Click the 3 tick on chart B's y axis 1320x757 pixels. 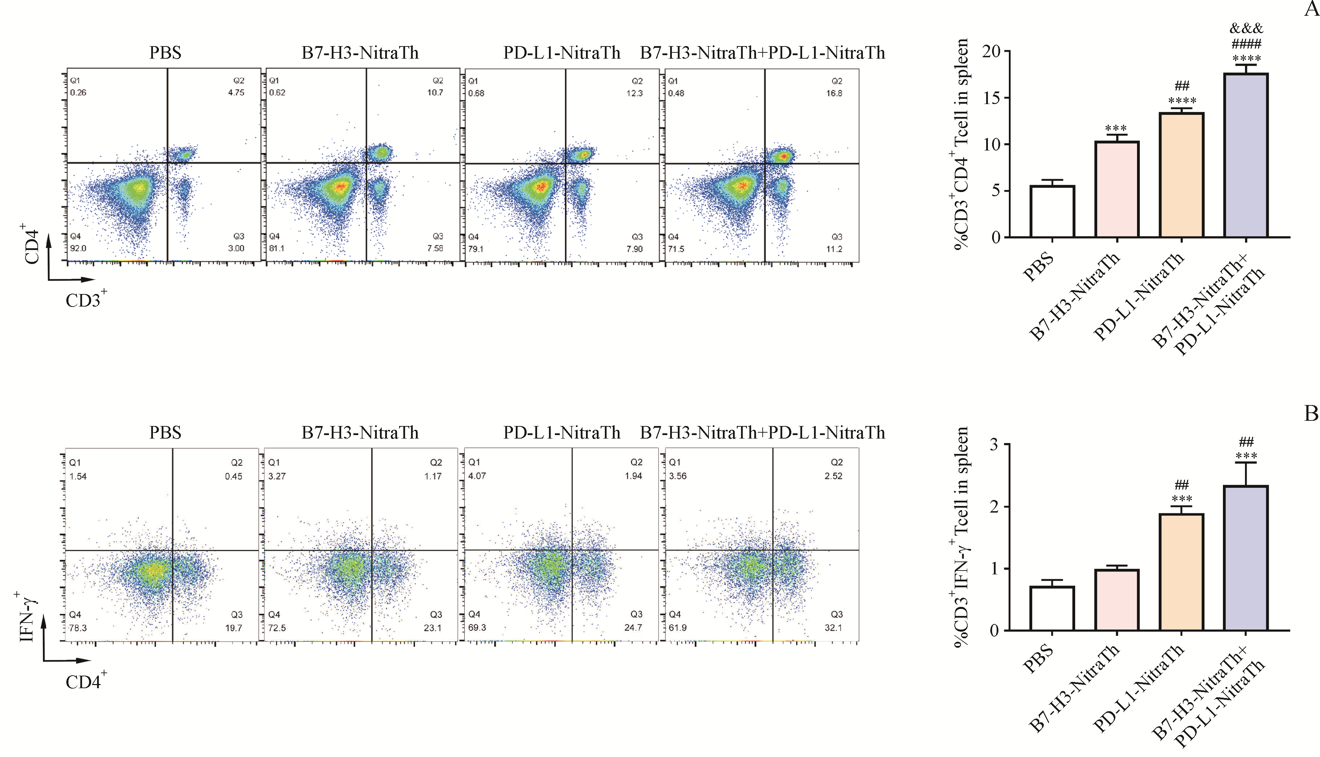[994, 444]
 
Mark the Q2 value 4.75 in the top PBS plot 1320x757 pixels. [236, 93]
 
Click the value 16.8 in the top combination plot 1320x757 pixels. [834, 93]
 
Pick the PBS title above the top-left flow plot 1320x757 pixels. [165, 53]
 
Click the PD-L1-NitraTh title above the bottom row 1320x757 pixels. [562, 433]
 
